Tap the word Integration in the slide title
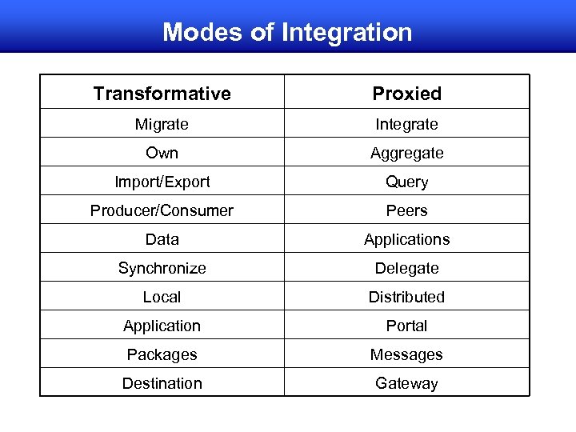point(346,32)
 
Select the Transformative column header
point(162,94)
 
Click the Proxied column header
point(406,94)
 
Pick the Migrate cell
point(162,124)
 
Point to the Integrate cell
point(406,124)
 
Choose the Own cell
point(162,153)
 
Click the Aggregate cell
point(406,153)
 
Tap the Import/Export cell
point(162,182)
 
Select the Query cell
point(406,182)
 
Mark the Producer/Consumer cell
point(162,210)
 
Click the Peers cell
point(406,210)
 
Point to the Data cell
point(162,239)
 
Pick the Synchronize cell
point(162,268)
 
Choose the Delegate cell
point(406,268)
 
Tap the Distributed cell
point(406,297)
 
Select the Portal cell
point(406,326)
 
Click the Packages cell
point(162,354)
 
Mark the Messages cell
point(406,354)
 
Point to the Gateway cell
point(406,383)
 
